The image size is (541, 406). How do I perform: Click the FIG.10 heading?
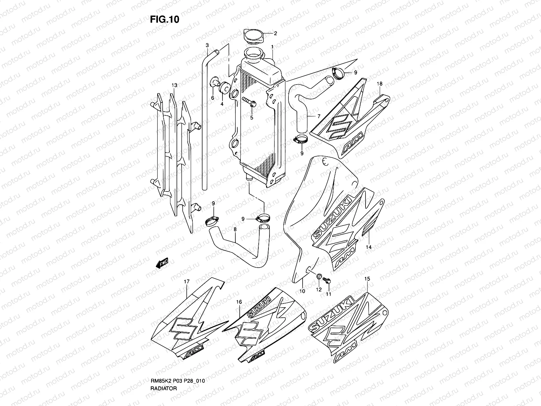click(164, 20)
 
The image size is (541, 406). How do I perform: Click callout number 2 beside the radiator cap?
click(275, 33)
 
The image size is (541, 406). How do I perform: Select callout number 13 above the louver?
click(174, 86)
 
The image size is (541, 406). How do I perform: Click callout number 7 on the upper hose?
click(319, 116)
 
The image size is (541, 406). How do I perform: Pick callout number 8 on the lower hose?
click(235, 229)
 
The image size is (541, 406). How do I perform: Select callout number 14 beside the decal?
click(369, 247)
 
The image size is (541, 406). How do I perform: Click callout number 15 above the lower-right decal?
click(368, 279)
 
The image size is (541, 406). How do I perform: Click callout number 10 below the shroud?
click(302, 291)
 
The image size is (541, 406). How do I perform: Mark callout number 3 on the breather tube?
click(207, 45)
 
